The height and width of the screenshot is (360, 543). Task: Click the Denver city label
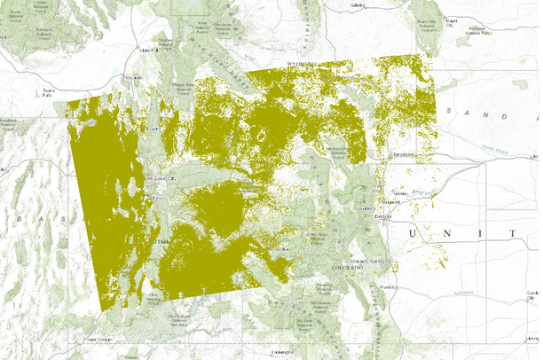(382, 217)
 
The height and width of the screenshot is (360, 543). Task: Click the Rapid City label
(455, 21)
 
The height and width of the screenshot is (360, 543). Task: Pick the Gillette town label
(358, 4)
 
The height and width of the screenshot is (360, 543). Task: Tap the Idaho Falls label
(148, 51)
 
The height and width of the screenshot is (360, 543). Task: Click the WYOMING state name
(302, 65)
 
